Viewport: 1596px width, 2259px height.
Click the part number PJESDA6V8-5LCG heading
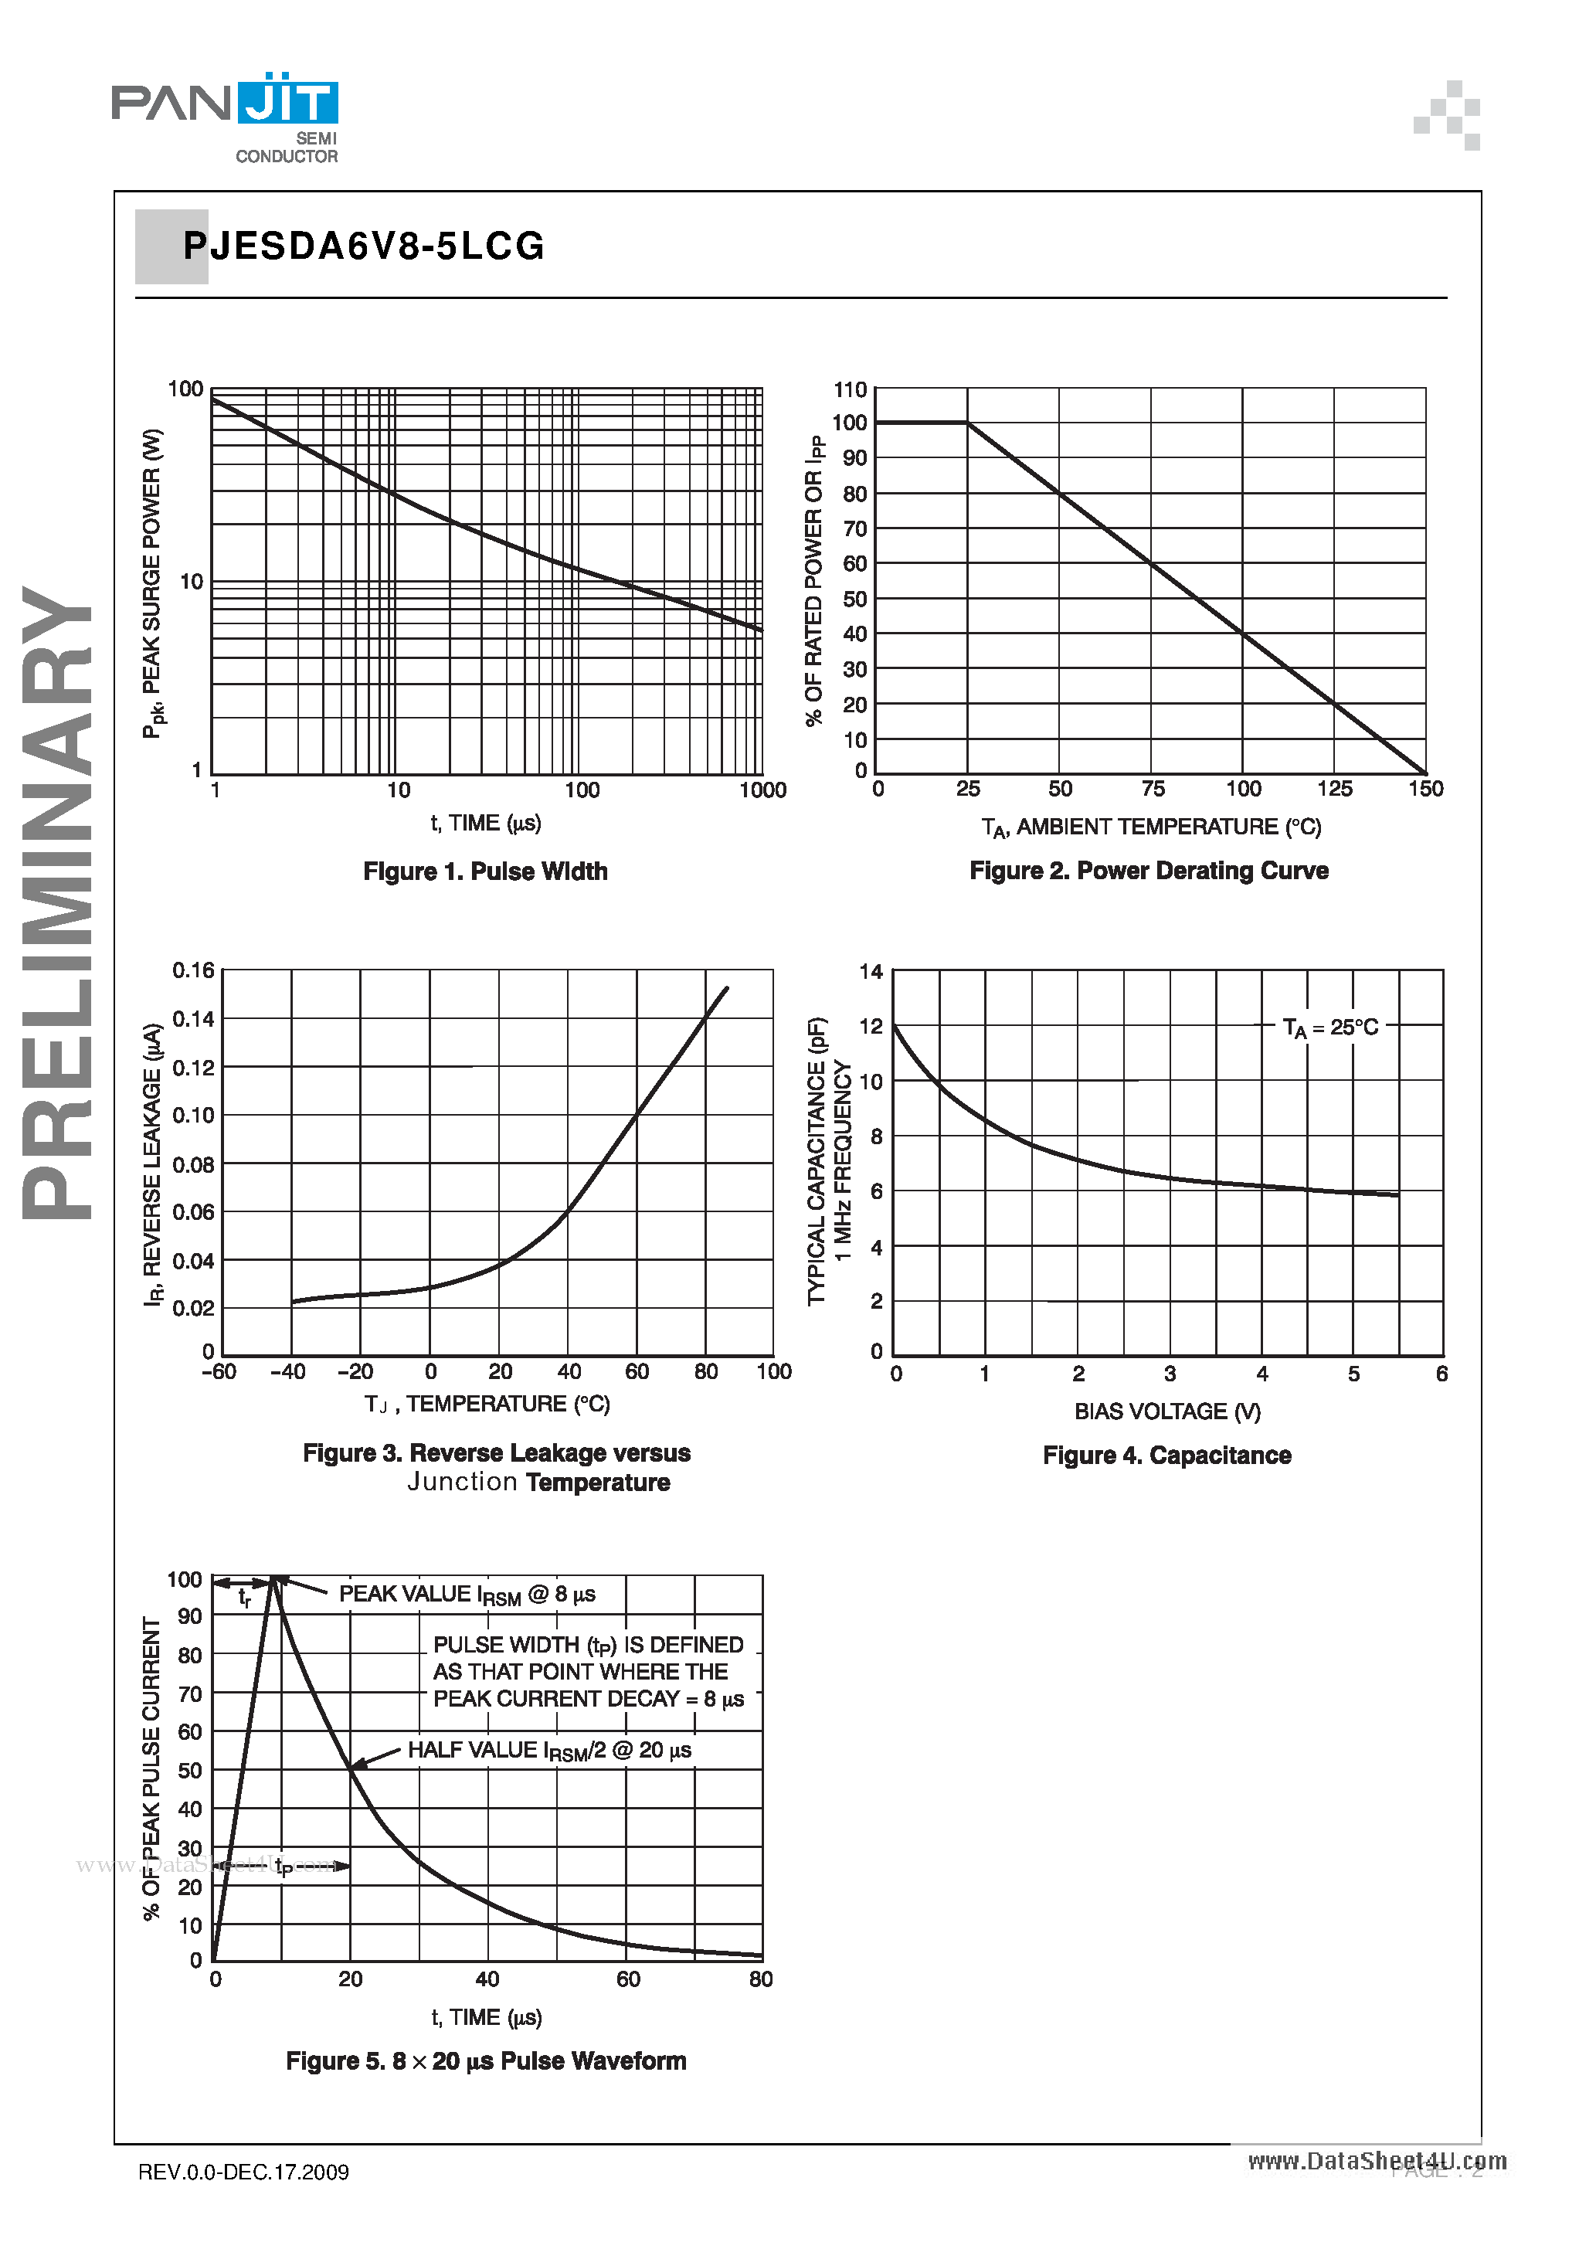click(x=363, y=246)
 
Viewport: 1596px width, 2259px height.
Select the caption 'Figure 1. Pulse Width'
click(x=485, y=871)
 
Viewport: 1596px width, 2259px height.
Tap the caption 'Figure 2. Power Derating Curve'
click(x=1148, y=871)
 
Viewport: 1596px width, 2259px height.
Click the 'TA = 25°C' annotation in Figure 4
click(x=1330, y=1028)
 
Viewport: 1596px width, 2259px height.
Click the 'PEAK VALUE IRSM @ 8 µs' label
click(x=467, y=1595)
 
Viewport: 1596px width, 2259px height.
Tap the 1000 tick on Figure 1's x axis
click(x=762, y=790)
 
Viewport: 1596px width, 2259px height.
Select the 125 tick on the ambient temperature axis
click(x=1334, y=789)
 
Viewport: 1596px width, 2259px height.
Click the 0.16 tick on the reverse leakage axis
click(x=193, y=971)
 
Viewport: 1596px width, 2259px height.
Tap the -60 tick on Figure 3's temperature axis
click(x=219, y=1371)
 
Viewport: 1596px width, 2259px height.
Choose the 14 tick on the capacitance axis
click(x=871, y=972)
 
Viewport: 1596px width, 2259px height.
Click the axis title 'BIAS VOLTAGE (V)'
click(x=1167, y=1412)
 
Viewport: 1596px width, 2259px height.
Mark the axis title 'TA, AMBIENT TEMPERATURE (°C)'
click(x=1150, y=827)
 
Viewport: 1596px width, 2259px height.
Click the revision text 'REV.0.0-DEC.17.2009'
click(x=243, y=2172)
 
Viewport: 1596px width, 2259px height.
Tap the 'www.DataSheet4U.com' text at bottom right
click(x=1377, y=2161)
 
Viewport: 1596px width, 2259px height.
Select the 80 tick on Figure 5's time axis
click(x=761, y=1979)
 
